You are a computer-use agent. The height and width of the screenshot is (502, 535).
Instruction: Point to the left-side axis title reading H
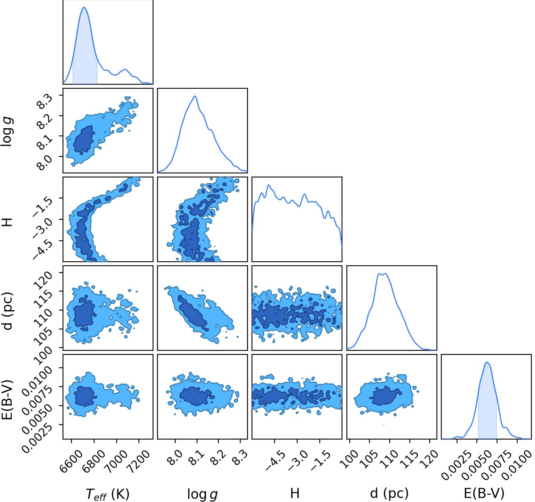point(8,222)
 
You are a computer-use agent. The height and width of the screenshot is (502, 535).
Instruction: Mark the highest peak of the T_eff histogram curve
point(84,7)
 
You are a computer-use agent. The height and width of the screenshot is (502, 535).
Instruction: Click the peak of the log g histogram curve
point(195,96)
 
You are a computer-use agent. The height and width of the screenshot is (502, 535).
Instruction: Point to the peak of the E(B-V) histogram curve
point(487,362)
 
